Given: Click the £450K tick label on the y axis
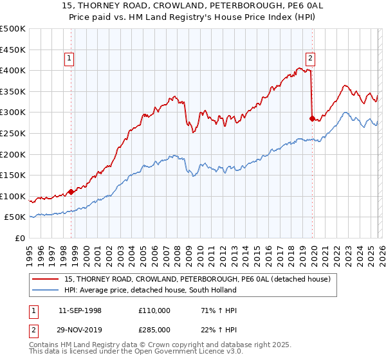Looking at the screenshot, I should pos(13,50).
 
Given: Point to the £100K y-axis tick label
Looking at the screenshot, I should pos(13,196).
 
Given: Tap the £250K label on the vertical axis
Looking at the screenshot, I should pos(13,133).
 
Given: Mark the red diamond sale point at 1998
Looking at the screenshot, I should pos(71,192).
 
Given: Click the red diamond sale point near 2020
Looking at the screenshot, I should pos(312,118).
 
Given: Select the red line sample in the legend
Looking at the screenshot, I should pos(46,279).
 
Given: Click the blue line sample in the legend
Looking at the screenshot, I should pos(46,290).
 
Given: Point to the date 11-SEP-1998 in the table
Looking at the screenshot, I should pos(80,310).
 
